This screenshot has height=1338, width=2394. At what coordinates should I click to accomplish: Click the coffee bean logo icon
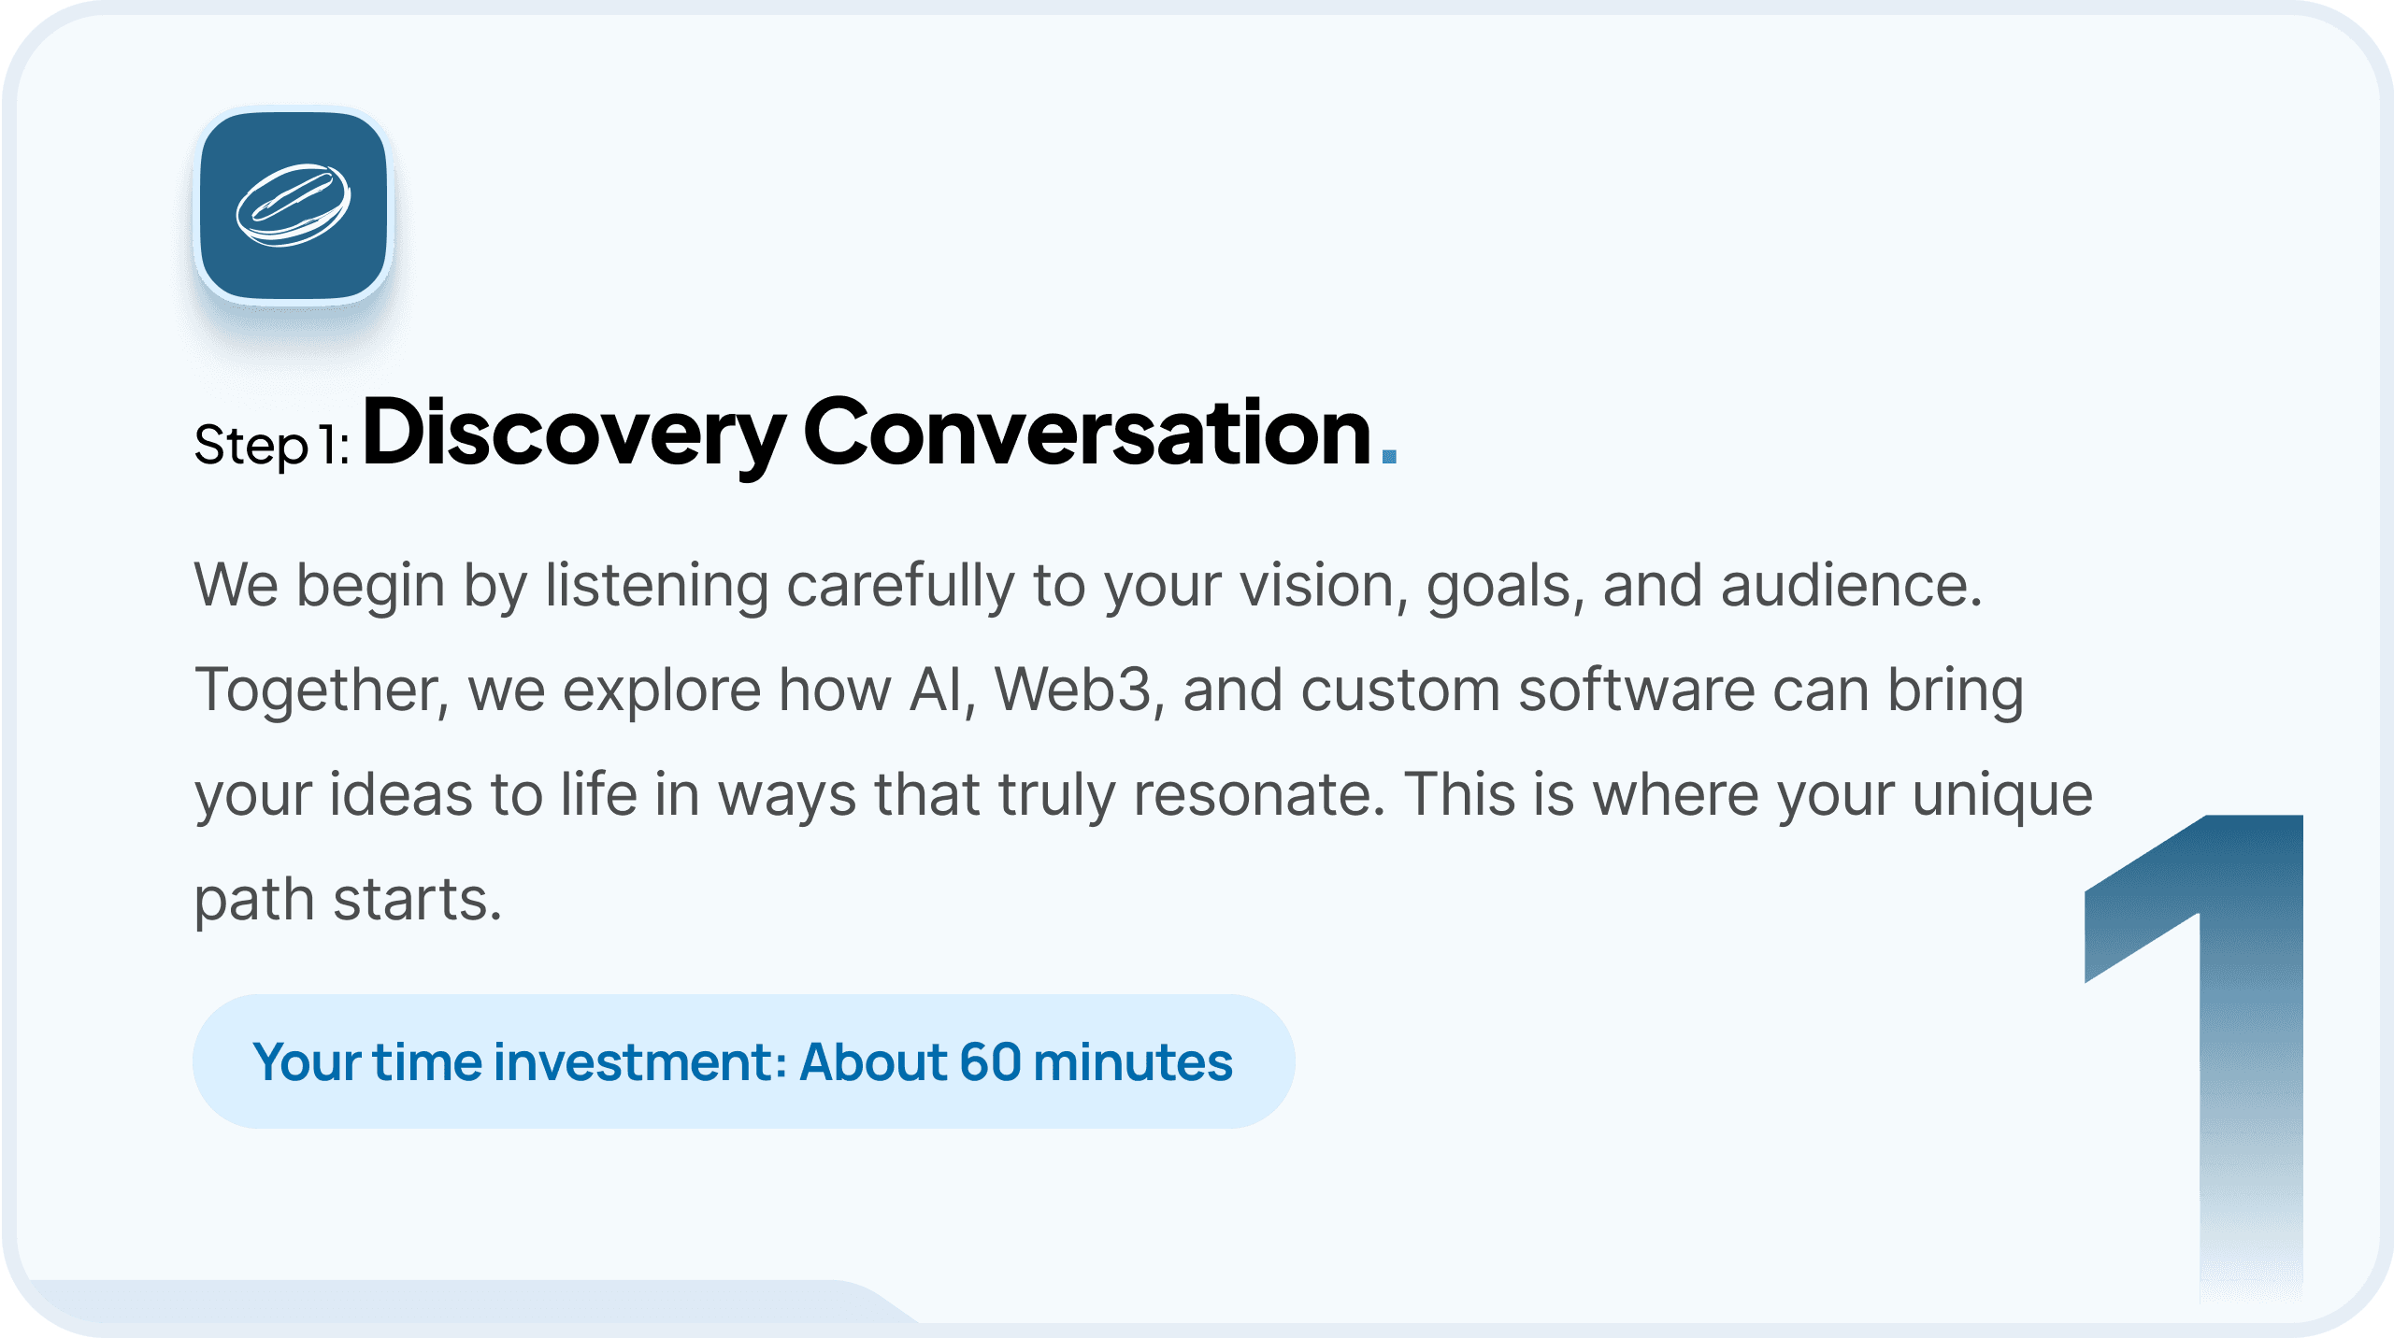(x=294, y=206)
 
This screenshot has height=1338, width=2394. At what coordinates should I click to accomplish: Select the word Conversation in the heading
(x=1086, y=431)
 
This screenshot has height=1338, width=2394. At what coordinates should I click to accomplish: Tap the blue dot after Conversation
(x=1389, y=456)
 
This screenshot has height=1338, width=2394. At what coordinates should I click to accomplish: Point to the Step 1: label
(x=272, y=445)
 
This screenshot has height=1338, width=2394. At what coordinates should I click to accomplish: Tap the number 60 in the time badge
(x=990, y=1062)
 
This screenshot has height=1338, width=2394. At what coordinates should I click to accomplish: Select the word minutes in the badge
(x=1133, y=1062)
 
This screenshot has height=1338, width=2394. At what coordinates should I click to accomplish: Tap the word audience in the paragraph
(x=1851, y=586)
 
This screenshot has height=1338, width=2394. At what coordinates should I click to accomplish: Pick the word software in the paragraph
(x=1636, y=690)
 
